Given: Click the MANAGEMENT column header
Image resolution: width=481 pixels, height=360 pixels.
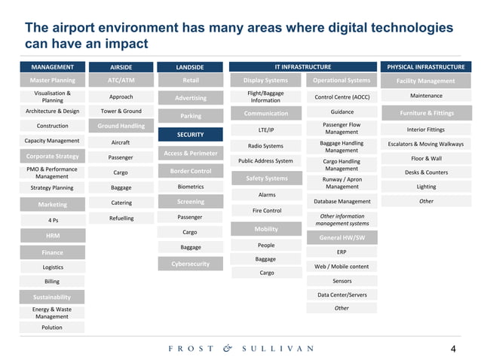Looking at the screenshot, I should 52,67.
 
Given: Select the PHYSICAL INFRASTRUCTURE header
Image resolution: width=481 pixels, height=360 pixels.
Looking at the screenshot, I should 426,67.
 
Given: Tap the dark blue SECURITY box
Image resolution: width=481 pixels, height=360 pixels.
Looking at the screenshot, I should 190,135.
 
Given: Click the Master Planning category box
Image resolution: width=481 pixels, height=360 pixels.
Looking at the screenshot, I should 52,81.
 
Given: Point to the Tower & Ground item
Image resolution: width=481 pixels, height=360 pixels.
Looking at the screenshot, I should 121,111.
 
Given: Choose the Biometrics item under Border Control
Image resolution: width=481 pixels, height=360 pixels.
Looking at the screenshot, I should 190,186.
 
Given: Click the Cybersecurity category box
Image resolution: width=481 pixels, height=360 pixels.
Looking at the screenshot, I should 190,264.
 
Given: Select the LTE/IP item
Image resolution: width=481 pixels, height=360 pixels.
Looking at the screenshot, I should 266,130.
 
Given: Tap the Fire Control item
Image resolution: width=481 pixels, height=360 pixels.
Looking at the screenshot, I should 266,211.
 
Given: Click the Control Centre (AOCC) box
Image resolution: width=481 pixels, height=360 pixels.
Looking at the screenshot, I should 342,97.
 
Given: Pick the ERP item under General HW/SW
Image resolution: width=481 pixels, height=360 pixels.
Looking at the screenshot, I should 342,252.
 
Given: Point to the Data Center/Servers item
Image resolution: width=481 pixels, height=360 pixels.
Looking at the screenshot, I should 342,294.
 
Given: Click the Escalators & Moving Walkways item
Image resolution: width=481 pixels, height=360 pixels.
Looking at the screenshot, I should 426,144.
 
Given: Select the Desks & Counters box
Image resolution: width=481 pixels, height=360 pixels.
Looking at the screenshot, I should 426,172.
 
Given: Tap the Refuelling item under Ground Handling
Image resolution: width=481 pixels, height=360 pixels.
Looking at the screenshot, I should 121,218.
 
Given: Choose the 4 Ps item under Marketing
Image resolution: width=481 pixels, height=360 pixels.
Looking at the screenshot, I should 52,221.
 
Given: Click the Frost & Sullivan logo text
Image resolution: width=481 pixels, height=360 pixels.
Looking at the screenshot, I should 240,349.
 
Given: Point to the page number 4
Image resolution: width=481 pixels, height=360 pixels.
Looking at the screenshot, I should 453,349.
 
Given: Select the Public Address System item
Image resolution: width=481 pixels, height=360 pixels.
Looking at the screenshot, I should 266,161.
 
